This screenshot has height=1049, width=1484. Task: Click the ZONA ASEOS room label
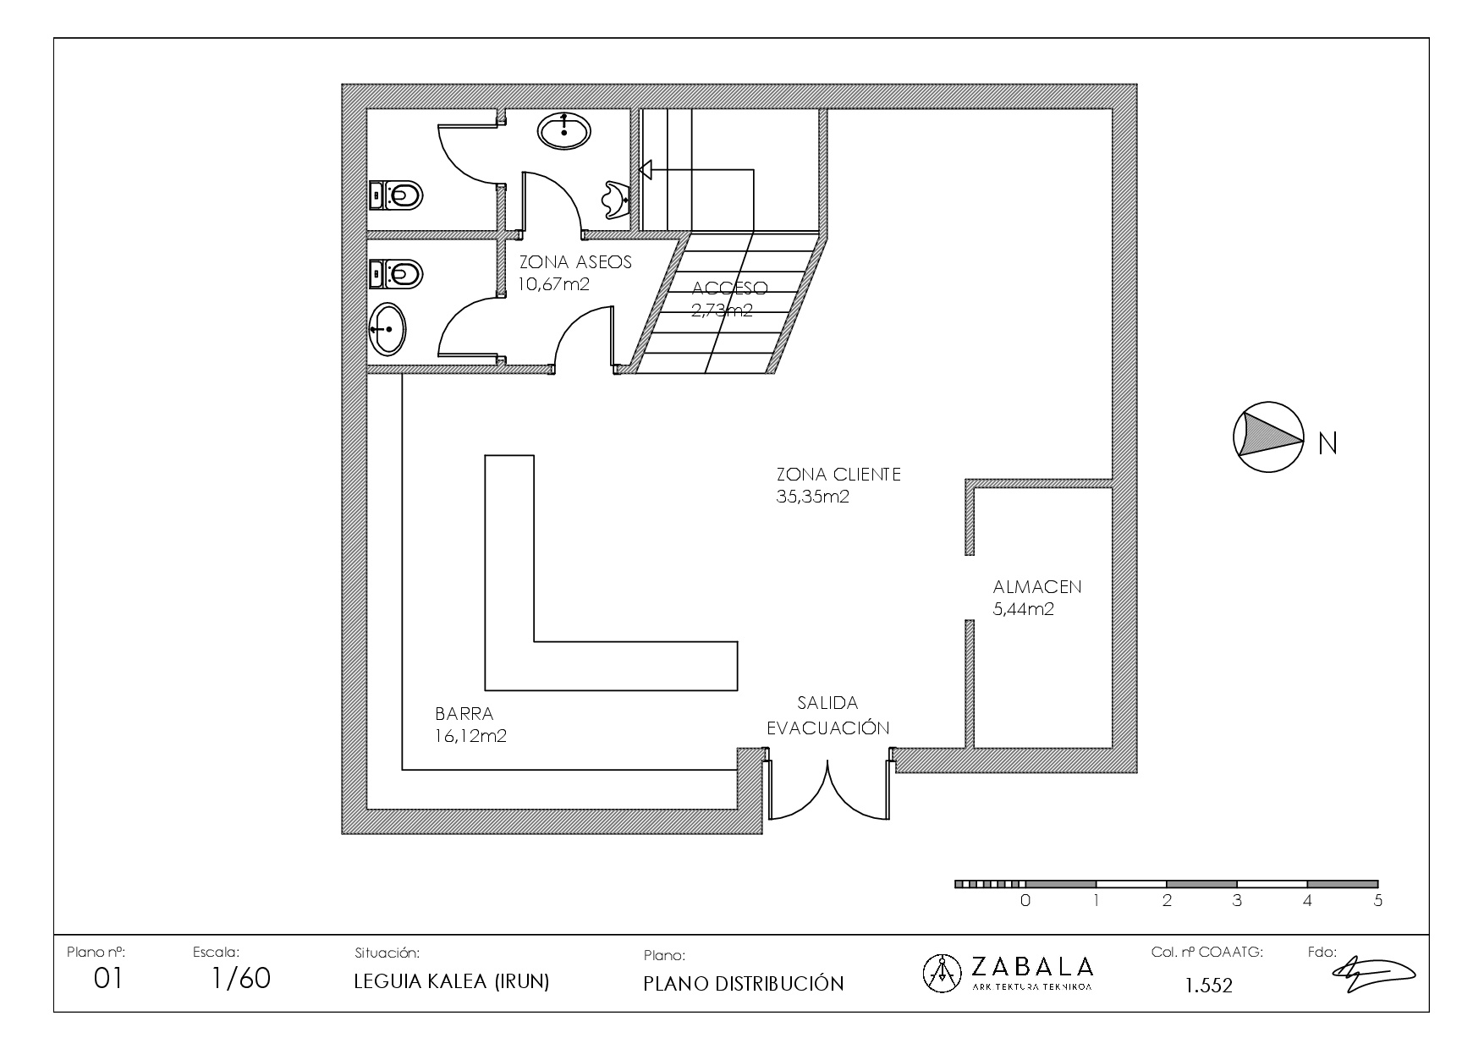(575, 262)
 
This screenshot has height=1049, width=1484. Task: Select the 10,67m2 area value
(554, 284)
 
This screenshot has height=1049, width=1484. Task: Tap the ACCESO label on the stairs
(729, 288)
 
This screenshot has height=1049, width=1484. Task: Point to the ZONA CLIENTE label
(838, 475)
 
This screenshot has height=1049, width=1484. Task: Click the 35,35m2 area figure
(812, 497)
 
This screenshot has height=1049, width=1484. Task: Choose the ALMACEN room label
(1037, 587)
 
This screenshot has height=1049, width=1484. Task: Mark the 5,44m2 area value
(1024, 609)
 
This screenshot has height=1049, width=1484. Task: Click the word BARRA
(464, 714)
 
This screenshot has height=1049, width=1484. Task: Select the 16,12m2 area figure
(471, 736)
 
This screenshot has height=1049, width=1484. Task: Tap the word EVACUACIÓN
(828, 728)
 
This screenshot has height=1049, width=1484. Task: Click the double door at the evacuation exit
(828, 790)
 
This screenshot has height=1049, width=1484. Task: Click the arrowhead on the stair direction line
(646, 170)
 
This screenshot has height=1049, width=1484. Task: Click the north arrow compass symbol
(1267, 437)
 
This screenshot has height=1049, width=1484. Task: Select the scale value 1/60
(241, 979)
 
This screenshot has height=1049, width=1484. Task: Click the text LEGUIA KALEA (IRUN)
(452, 982)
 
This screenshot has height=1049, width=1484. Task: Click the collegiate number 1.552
(1209, 986)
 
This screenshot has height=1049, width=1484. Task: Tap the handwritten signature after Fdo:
(1375, 973)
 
